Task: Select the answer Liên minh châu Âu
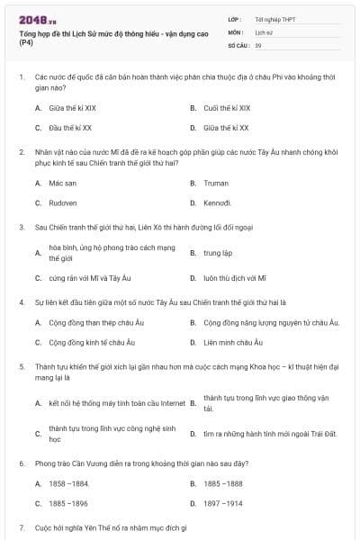point(233,342)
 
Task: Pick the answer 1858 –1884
point(69,483)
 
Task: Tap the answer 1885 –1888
point(223,483)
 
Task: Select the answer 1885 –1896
point(68,504)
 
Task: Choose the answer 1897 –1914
point(223,504)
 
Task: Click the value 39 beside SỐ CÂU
point(258,44)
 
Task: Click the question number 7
point(22,526)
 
